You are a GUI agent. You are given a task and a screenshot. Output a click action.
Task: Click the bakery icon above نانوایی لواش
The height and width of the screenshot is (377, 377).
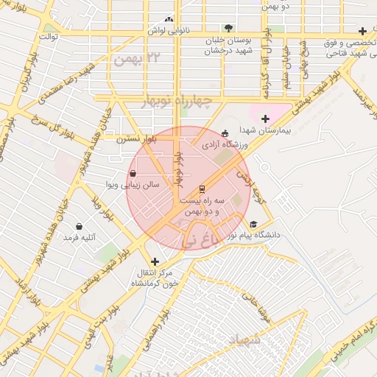170,19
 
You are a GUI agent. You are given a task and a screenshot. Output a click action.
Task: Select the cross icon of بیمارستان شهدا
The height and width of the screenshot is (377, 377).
265,119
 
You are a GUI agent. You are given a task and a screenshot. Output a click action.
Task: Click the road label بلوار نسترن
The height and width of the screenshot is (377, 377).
135,137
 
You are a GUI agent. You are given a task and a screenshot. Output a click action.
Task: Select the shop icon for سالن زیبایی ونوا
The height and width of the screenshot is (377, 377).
133,174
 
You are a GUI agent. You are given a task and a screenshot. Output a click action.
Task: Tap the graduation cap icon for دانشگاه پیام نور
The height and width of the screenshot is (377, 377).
253,225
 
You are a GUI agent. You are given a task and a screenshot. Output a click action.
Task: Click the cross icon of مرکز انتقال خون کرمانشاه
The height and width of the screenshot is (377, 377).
155,261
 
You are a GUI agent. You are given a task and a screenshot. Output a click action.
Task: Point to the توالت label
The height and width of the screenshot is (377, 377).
49,35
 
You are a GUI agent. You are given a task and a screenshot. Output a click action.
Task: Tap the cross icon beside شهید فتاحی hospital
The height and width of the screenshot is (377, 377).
362,31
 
